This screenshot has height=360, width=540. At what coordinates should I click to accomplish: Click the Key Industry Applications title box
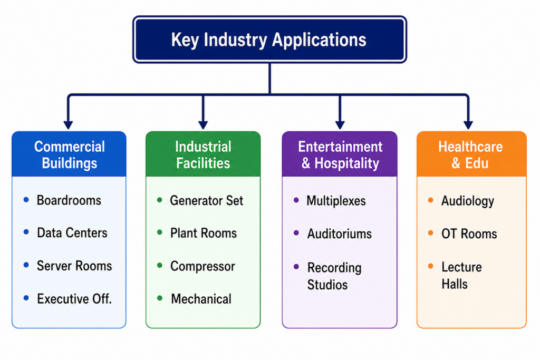[269, 39]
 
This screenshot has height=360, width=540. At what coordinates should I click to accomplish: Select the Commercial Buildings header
[69, 154]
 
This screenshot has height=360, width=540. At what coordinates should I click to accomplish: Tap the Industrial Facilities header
[203, 154]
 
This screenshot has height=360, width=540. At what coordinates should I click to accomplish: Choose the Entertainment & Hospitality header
[340, 154]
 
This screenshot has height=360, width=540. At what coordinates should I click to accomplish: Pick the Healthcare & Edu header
[471, 154]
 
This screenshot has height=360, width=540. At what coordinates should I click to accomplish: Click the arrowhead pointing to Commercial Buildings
[68, 125]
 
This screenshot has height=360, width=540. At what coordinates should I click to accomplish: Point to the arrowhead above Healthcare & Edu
[468, 125]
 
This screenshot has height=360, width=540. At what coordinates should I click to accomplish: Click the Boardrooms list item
[69, 200]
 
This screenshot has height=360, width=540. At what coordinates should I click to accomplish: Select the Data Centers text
[72, 233]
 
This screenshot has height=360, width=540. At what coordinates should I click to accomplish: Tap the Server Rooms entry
[74, 266]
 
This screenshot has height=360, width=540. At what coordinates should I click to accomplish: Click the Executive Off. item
[74, 299]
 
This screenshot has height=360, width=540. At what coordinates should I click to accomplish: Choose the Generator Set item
[207, 201]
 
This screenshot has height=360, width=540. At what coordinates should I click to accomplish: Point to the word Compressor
[202, 266]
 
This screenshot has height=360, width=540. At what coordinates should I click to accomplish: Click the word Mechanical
[201, 299]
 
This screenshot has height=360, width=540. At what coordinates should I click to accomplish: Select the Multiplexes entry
[336, 201]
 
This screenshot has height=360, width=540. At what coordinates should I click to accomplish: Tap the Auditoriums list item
[340, 234]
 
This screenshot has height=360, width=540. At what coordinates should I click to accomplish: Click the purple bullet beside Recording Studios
[296, 267]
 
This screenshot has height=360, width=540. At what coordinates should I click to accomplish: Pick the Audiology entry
[468, 201]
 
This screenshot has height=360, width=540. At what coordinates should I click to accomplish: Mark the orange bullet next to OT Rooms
[430, 233]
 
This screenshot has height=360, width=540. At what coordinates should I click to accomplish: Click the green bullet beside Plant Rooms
[159, 232]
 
